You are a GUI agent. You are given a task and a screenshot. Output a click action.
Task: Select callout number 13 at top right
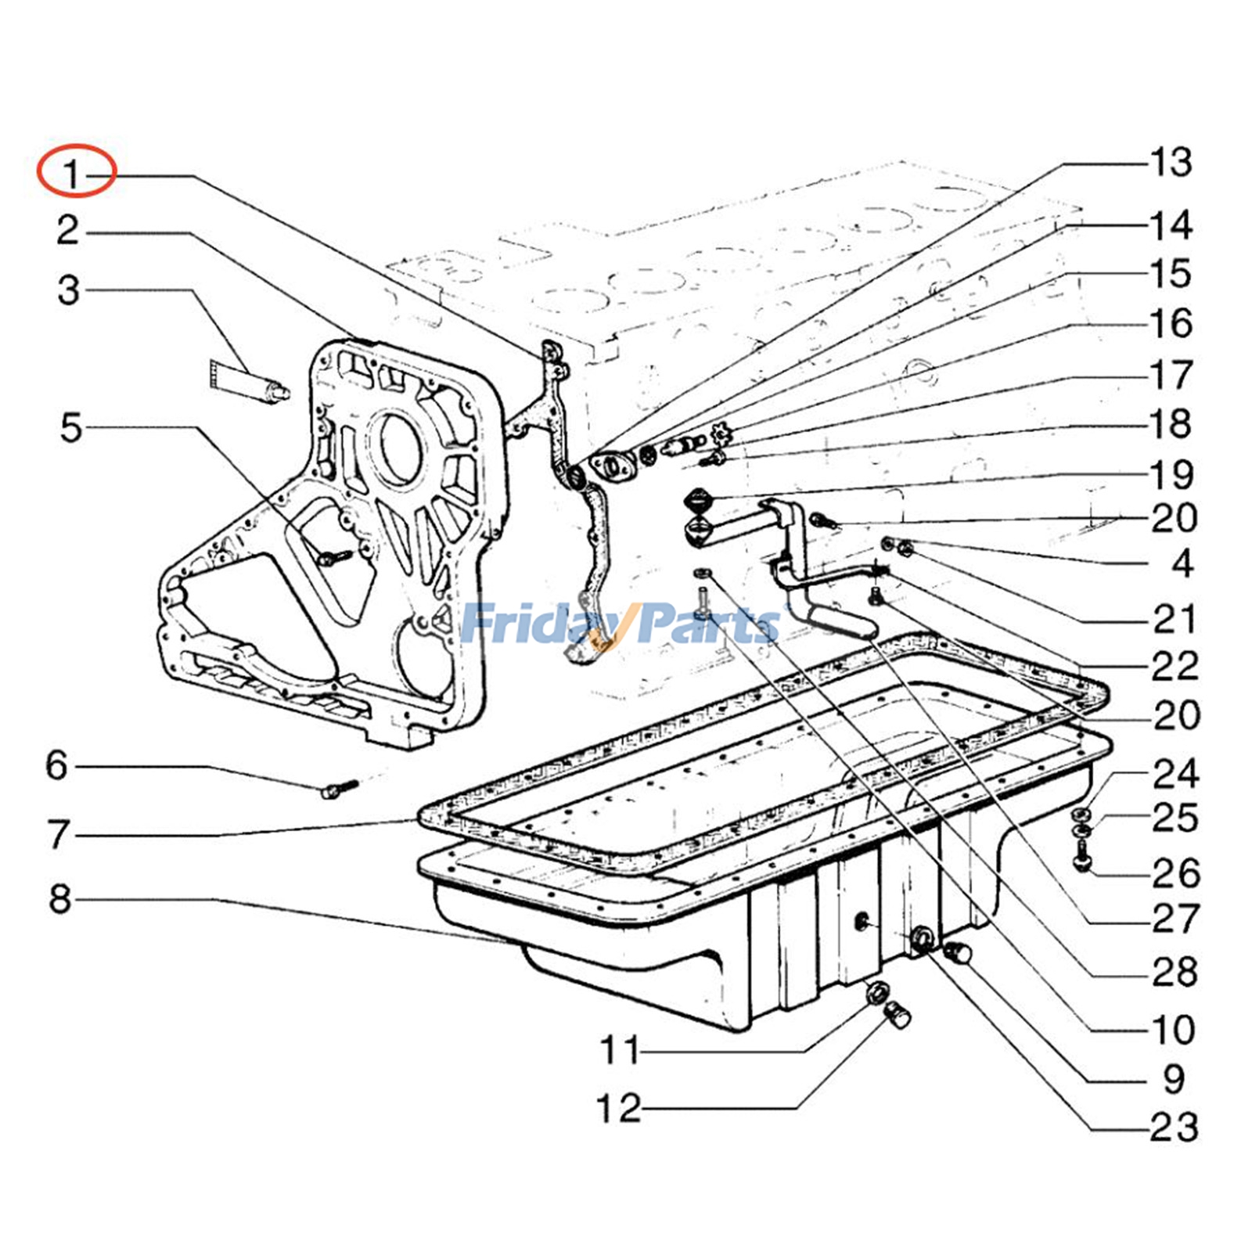1170,163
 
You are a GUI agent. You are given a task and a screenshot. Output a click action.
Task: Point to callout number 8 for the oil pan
60,898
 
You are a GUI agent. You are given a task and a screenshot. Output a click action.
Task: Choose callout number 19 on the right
1171,474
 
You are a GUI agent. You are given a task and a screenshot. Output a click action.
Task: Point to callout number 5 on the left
70,428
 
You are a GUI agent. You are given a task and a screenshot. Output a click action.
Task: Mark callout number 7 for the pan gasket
59,834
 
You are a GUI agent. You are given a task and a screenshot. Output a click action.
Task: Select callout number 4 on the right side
1182,563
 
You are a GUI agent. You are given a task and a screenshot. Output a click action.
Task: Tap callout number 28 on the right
1174,972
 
